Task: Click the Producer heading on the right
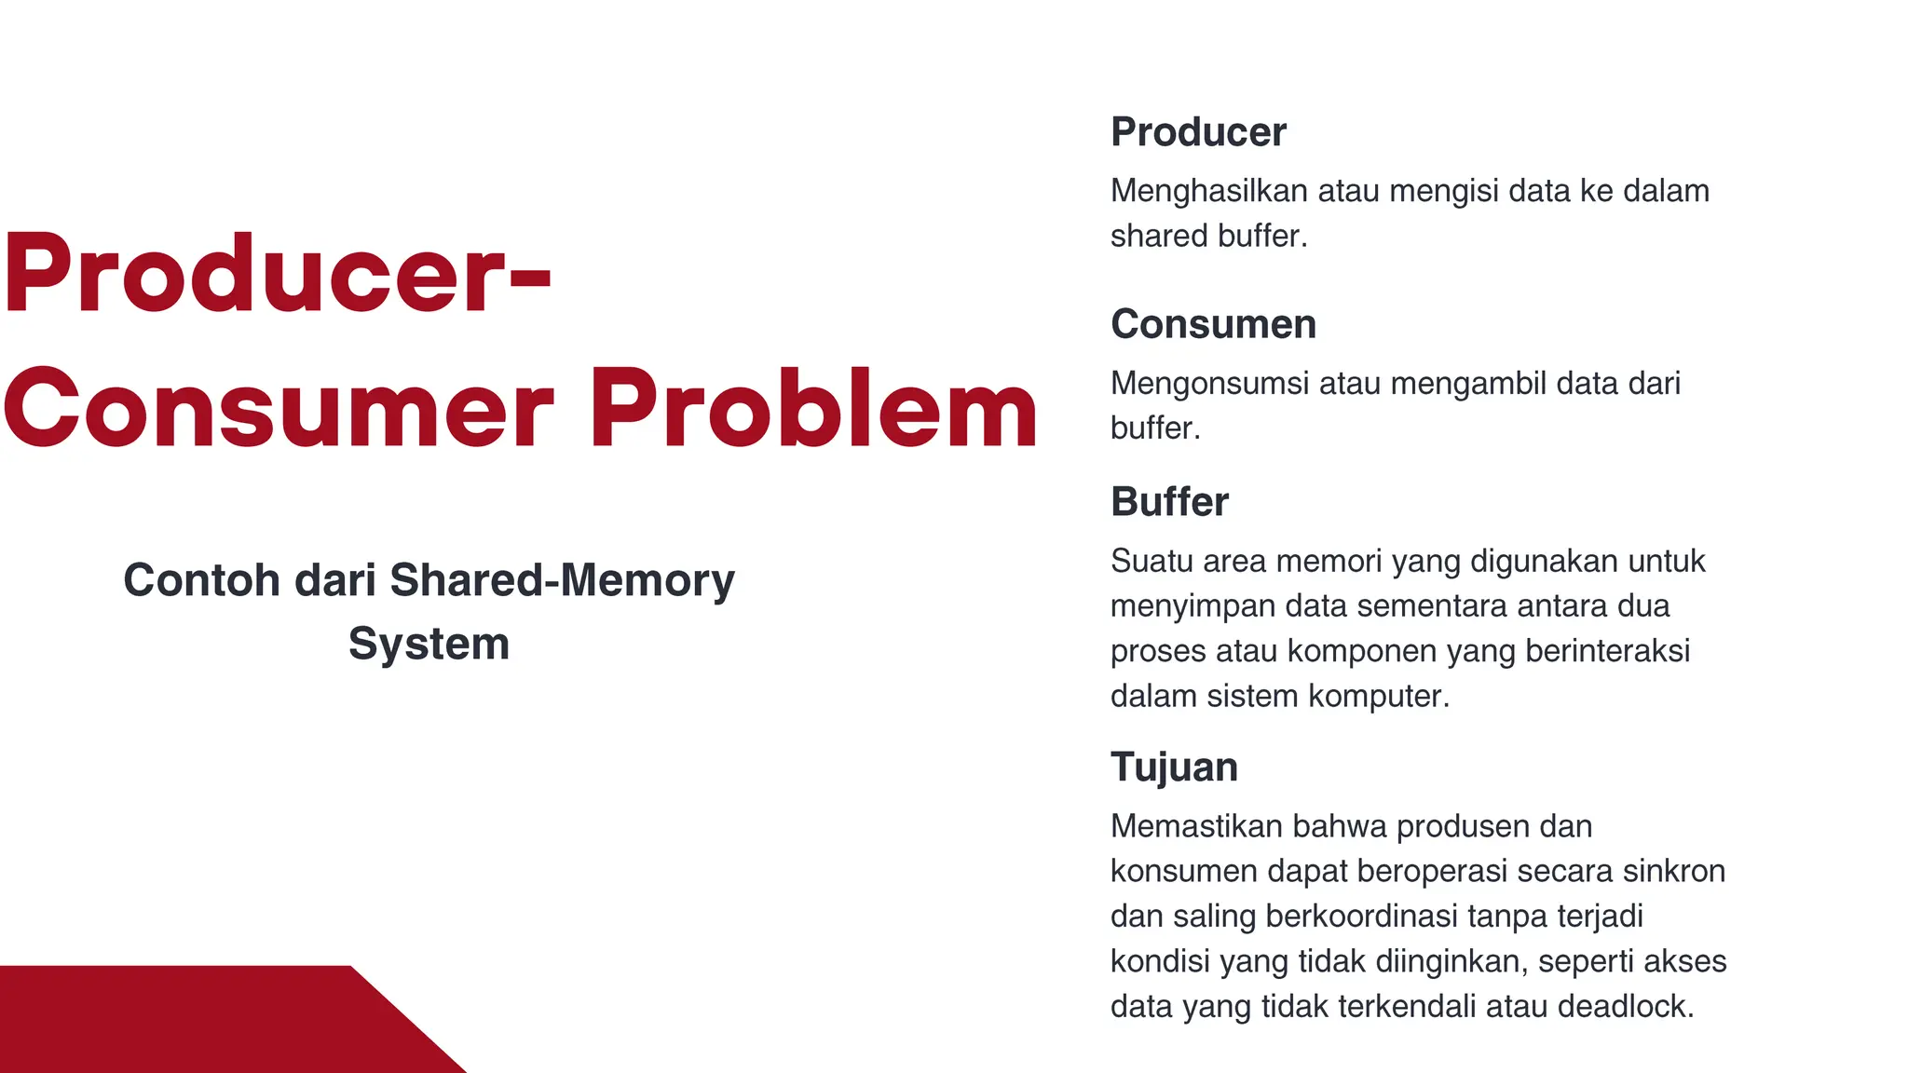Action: click(x=1198, y=132)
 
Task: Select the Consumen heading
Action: click(x=1213, y=324)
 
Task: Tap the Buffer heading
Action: click(x=1169, y=502)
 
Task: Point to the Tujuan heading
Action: click(x=1174, y=767)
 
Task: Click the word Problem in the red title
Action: click(x=813, y=410)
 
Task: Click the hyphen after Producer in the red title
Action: click(x=532, y=277)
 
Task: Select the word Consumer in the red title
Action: click(x=279, y=410)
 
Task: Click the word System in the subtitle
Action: click(x=429, y=644)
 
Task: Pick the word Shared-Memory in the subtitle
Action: click(x=562, y=580)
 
